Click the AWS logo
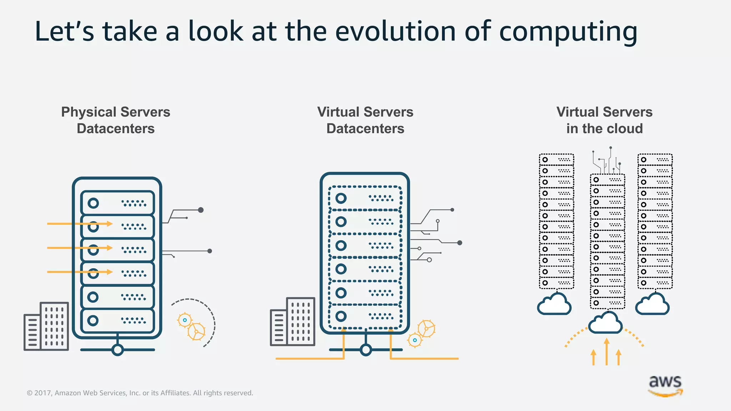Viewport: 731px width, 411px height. (x=665, y=385)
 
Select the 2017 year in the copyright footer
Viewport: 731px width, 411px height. (x=43, y=393)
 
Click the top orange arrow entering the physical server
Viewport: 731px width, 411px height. (x=80, y=224)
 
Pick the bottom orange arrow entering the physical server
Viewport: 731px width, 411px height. (x=80, y=272)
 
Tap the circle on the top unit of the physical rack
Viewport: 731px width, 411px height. (x=93, y=203)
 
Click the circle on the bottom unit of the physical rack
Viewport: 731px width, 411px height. (x=93, y=320)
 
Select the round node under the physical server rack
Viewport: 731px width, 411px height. (x=117, y=350)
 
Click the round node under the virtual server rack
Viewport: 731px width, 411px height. (x=365, y=350)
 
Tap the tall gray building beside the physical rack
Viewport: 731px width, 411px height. (x=54, y=326)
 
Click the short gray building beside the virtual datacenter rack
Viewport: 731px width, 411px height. (x=279, y=328)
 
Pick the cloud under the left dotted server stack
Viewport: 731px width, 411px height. (x=554, y=305)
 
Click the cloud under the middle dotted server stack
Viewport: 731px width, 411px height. (x=605, y=323)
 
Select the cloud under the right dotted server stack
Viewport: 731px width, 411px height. (x=652, y=305)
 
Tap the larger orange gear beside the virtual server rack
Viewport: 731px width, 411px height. (x=427, y=328)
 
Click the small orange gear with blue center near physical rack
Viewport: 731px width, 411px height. (x=185, y=320)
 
